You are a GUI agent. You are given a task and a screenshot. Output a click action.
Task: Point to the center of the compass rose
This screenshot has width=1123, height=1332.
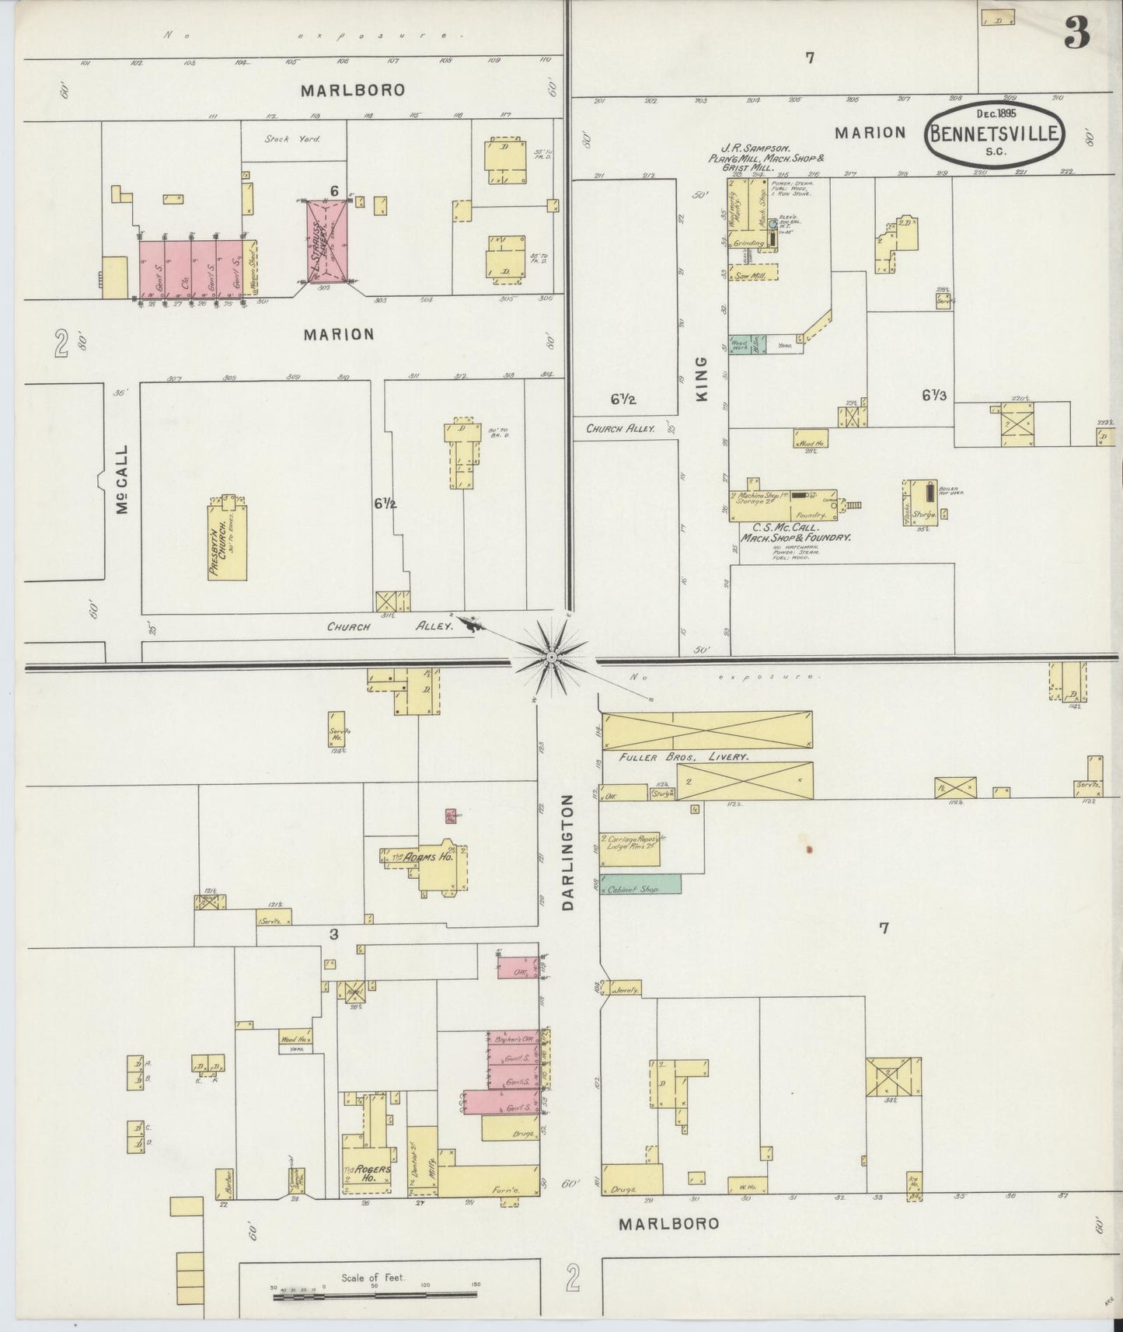551,658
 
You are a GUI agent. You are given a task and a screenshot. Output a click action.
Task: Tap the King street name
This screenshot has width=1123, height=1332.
702,379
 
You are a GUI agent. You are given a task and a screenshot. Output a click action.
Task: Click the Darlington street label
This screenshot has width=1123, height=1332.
567,852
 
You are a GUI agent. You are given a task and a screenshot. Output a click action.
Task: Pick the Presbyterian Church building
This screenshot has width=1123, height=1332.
227,536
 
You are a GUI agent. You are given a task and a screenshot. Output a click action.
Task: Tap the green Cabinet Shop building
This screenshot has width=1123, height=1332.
640,884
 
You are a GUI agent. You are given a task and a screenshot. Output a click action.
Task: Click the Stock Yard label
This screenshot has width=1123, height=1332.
287,139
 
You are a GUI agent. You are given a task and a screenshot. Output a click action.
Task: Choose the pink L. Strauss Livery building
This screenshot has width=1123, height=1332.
326,239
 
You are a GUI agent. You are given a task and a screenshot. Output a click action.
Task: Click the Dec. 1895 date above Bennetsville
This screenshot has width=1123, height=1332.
997,113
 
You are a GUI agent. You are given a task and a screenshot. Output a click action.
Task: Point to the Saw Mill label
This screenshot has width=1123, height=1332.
755,275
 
